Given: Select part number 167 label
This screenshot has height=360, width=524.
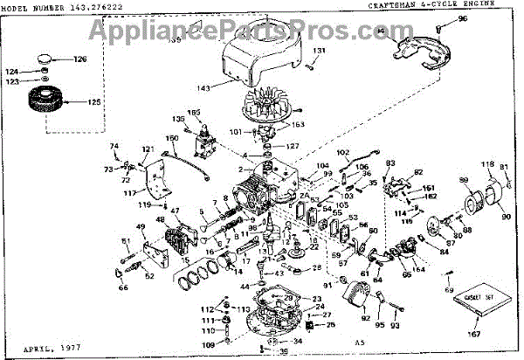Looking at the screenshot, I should click(x=477, y=333).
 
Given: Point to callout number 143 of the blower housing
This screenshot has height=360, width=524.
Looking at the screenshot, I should click(x=203, y=87).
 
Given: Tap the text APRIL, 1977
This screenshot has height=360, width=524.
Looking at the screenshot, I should click(x=31, y=347).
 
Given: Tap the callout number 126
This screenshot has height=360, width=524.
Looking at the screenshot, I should click(x=80, y=59).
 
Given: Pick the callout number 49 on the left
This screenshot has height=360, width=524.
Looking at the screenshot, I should click(x=117, y=229).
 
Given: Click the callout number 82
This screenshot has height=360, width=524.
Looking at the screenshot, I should click(x=418, y=172).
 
